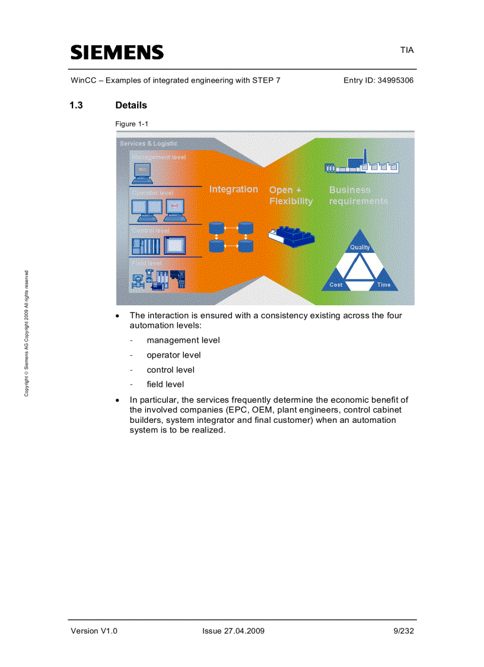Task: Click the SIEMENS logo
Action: click(x=117, y=52)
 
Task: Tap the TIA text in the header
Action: click(x=406, y=50)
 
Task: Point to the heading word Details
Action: click(x=131, y=105)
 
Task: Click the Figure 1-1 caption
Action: click(x=132, y=124)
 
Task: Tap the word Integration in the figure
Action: click(x=233, y=189)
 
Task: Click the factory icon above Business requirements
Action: click(x=361, y=165)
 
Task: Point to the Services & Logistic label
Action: click(x=148, y=144)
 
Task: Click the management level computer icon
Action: click(x=142, y=172)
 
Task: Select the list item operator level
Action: click(x=174, y=355)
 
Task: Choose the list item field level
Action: click(x=165, y=384)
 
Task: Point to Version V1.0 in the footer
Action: click(x=94, y=631)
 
